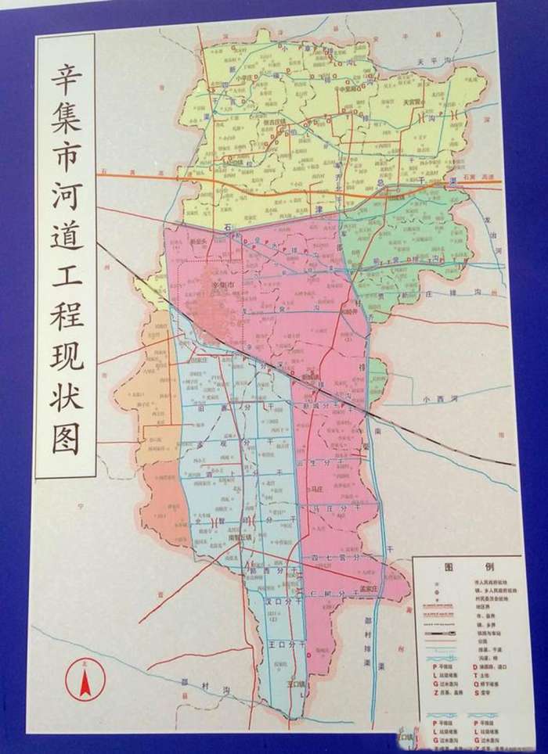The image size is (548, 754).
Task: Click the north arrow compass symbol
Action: click(x=84, y=679)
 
